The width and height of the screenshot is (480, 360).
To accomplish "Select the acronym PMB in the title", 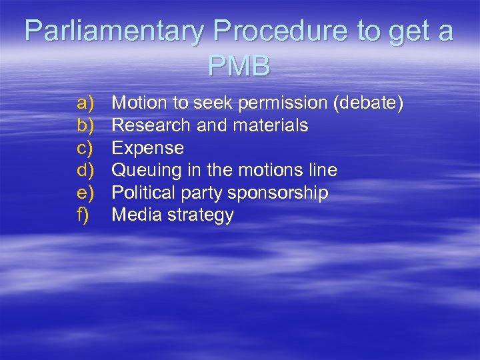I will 239,67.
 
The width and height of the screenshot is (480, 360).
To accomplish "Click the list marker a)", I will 86,103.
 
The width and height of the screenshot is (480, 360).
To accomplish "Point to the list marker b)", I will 86,125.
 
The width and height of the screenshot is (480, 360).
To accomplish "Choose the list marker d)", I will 86,170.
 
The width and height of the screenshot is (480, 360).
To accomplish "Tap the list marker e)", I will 86,193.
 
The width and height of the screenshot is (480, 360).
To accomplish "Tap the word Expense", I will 147,147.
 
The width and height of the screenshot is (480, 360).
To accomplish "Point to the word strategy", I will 201,215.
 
